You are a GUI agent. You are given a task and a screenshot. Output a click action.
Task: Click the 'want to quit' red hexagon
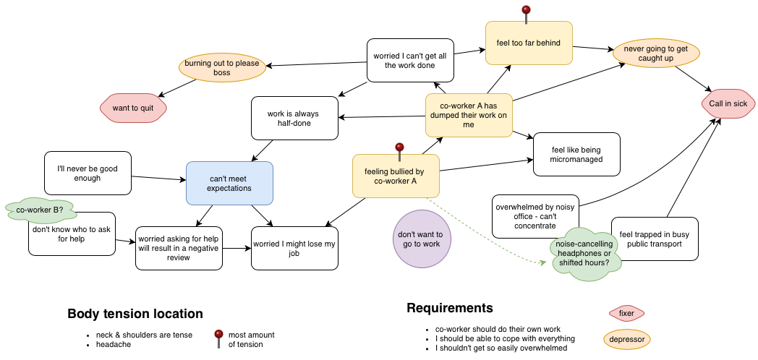(x=133, y=108)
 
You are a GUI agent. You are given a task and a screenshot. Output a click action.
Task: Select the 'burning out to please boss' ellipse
(x=221, y=68)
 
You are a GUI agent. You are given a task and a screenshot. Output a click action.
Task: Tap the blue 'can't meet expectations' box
(x=230, y=183)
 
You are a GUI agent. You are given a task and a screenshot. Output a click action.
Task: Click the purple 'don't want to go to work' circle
(x=420, y=239)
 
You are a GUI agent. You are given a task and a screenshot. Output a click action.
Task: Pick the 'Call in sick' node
(x=728, y=103)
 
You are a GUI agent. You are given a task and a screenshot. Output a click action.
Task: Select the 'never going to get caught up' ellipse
(x=655, y=53)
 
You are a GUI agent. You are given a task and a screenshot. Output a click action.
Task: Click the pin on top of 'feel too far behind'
(x=527, y=12)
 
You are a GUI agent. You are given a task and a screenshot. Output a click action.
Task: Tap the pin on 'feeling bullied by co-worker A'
(x=399, y=149)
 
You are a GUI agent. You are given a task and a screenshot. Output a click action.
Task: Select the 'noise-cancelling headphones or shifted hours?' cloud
(x=585, y=249)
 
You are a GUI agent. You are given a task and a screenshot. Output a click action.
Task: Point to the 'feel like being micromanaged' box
(x=576, y=154)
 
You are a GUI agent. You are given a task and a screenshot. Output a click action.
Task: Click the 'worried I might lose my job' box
(x=294, y=249)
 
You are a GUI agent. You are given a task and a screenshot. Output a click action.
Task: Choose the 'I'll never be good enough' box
(x=88, y=173)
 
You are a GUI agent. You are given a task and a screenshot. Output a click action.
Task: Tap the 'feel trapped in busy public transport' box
(x=655, y=239)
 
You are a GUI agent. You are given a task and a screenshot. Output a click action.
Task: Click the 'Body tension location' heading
(x=135, y=314)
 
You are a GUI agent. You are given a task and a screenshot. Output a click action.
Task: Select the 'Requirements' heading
(x=450, y=308)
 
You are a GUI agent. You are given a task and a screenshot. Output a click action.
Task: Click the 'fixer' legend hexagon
(x=626, y=313)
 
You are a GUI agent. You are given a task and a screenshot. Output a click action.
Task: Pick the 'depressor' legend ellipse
(x=626, y=338)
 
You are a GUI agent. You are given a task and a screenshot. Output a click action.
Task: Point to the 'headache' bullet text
(x=114, y=345)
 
